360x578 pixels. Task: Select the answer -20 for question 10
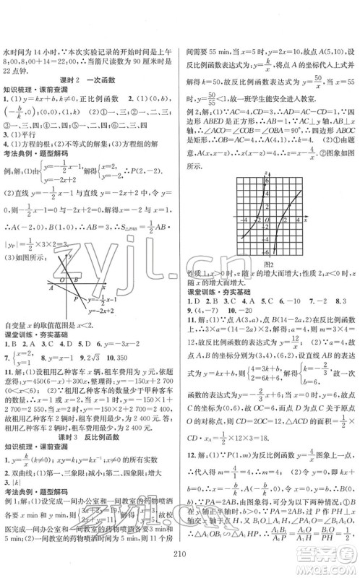(265, 298)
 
